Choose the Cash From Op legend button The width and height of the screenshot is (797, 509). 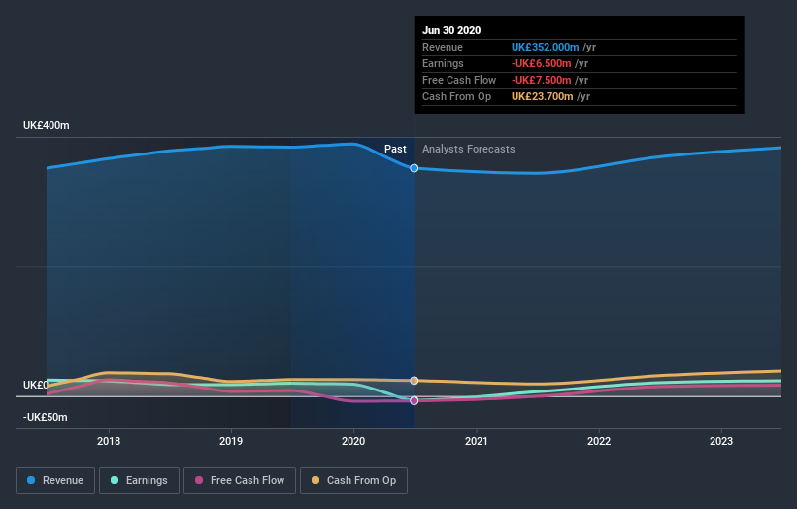pos(353,480)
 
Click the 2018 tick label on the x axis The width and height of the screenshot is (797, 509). pos(109,441)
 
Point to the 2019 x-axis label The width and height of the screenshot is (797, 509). pos(231,441)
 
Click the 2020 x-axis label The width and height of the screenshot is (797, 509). pos(353,441)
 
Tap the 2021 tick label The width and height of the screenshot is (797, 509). pos(477,441)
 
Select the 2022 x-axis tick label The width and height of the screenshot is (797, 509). pos(599,441)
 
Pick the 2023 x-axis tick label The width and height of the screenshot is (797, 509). pos(721,441)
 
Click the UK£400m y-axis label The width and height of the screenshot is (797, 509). pos(47,126)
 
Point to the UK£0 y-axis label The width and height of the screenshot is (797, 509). pos(35,386)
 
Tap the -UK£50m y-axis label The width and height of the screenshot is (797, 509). pos(46,417)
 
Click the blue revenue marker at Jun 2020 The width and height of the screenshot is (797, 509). pos(415,168)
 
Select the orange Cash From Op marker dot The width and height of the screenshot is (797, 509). pos(415,381)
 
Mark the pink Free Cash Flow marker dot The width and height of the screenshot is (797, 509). pos(415,400)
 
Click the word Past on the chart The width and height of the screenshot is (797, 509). pos(395,150)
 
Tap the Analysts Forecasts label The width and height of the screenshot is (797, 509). pos(469,150)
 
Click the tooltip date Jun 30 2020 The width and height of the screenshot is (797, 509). pos(451,31)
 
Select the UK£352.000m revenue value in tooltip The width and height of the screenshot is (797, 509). pos(546,47)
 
